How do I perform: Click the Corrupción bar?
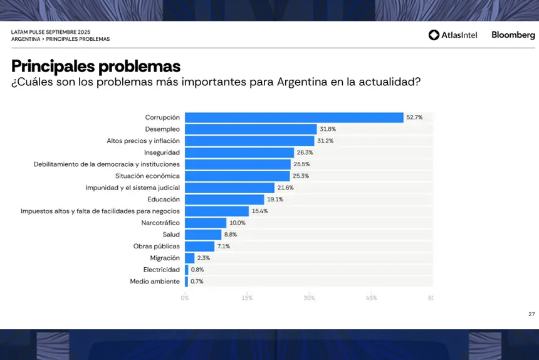pos(294,117)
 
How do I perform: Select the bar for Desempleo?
pos(251,129)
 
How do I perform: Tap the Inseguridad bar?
pos(239,152)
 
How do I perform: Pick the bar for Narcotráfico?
pos(206,223)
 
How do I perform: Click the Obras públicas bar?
pos(199,246)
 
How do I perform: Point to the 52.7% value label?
pos(414,117)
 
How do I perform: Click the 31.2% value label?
pos(325,141)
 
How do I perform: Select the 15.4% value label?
pos(259,211)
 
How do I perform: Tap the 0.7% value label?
pos(197,282)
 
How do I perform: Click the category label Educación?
pos(164,199)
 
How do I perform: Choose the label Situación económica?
pos(147,176)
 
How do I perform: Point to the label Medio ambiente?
pos(155,282)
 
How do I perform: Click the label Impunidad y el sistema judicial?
pos(133,188)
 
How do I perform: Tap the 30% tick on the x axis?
pos(309,298)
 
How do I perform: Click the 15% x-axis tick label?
pos(247,298)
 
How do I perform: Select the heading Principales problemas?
pos(96,66)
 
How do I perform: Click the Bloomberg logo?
pos(513,35)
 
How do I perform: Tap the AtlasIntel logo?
pos(453,35)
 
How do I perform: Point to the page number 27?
pos(531,314)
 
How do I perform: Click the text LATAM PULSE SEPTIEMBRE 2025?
pos(51,31)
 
